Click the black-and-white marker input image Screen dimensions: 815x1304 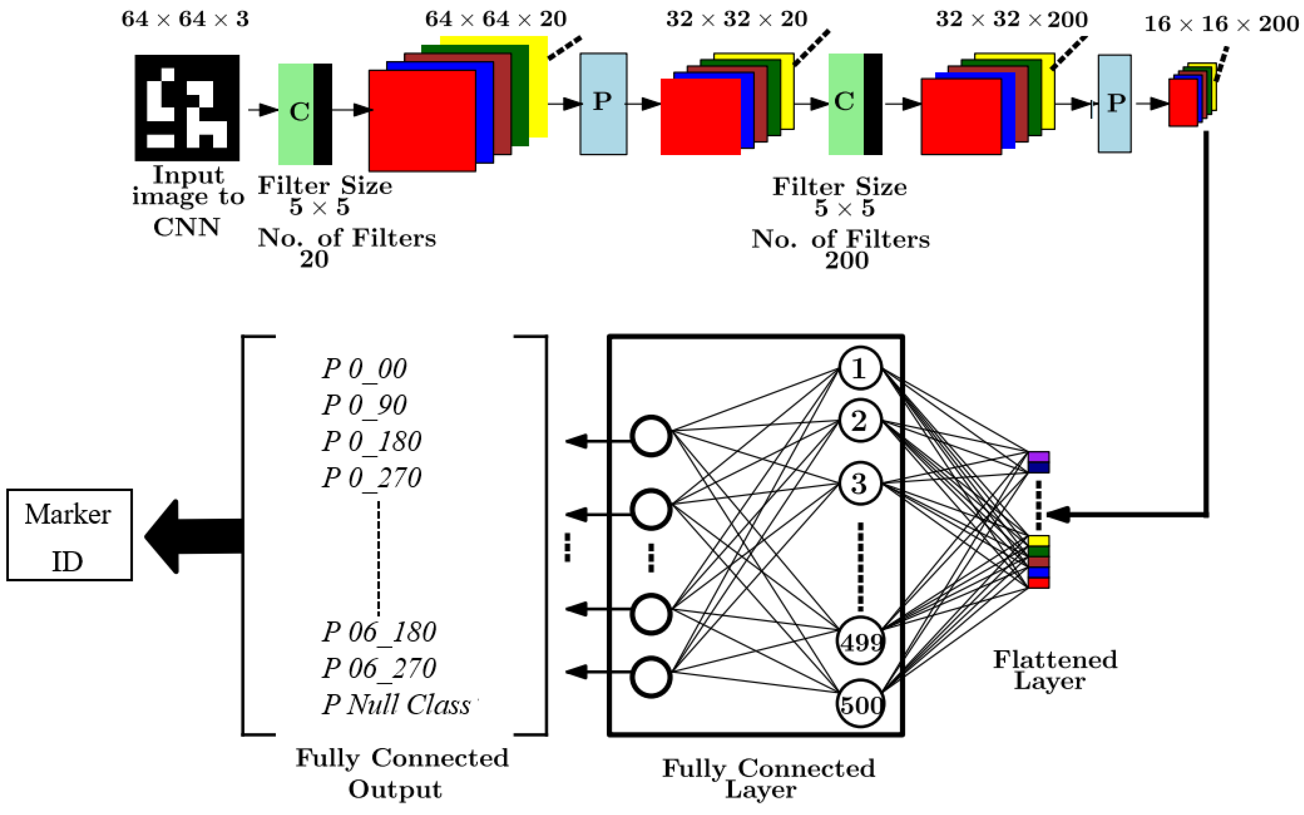coord(187,107)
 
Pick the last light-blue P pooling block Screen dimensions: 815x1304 coord(1114,103)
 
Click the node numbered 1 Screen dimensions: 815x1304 coord(860,368)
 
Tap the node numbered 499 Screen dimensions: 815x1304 coord(860,641)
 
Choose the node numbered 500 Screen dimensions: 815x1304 coord(860,703)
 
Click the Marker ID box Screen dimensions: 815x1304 coord(69,535)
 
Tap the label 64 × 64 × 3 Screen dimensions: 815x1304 coord(185,19)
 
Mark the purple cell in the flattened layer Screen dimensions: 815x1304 coord(1038,457)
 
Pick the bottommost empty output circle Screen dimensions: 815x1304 coord(651,677)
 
